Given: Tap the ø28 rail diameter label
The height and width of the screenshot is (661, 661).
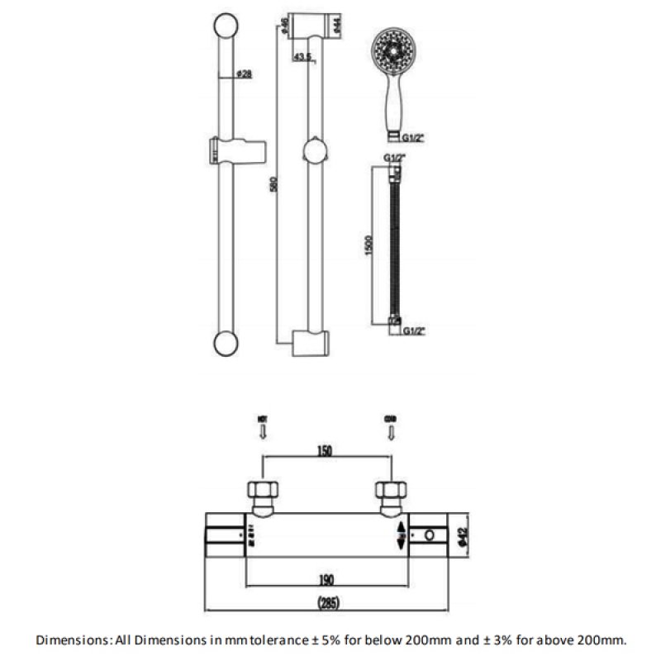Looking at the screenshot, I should (244, 74).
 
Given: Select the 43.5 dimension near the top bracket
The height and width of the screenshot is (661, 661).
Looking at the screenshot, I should (304, 58).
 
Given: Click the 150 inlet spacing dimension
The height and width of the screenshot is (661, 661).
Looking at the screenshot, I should (326, 450).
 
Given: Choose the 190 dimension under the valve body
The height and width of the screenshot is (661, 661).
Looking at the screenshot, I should (326, 578).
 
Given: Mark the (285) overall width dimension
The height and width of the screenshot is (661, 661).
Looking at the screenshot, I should (326, 603).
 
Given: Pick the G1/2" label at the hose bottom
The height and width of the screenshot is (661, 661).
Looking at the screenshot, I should (413, 331).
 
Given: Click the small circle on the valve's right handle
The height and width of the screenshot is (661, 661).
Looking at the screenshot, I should (430, 537).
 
